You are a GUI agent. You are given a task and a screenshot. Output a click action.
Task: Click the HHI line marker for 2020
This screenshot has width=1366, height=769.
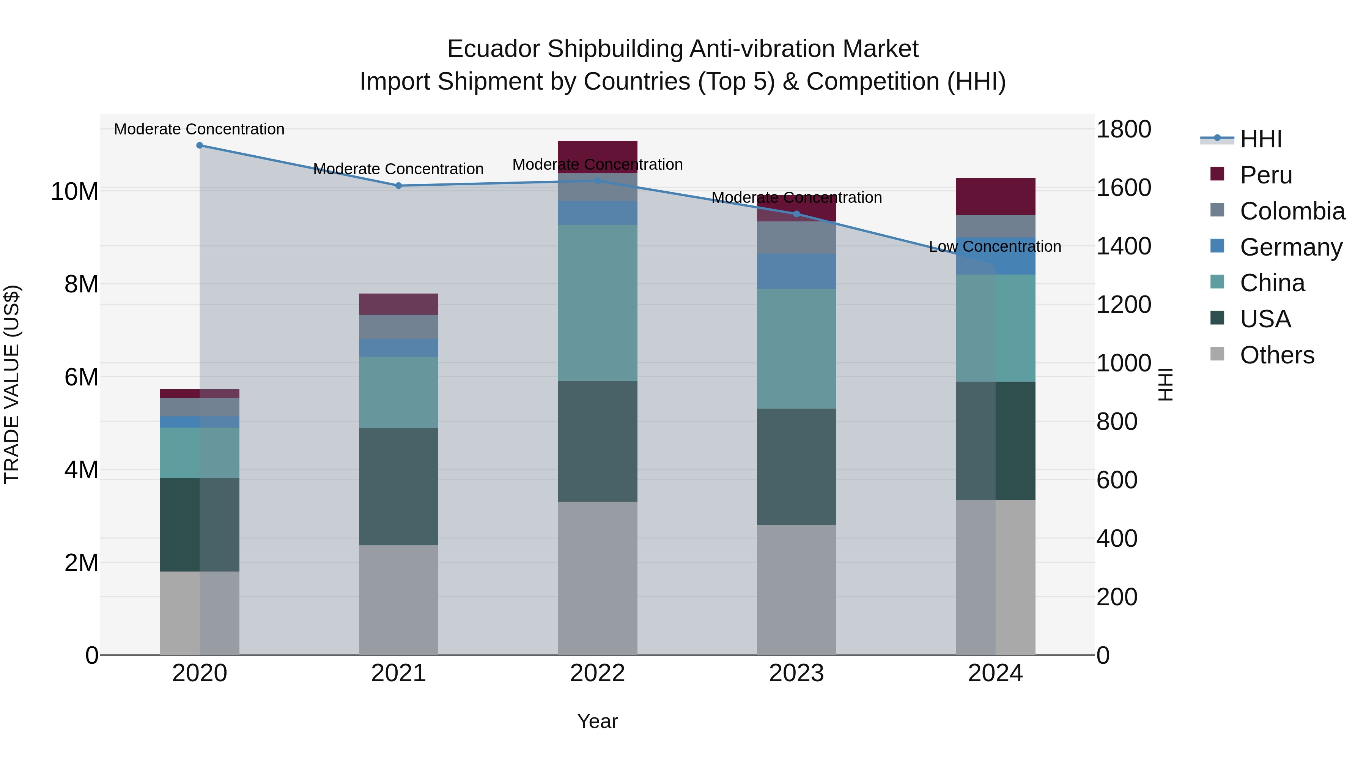[x=199, y=145]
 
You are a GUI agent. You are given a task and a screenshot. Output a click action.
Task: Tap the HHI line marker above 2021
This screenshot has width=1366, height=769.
[x=399, y=186]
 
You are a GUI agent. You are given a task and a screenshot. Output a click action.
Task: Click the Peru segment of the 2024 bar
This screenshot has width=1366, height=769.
[x=995, y=196]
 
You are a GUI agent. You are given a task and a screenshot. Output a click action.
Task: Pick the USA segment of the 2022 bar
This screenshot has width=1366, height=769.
[x=598, y=441]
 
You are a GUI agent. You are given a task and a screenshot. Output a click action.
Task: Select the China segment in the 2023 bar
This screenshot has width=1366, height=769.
[x=796, y=349]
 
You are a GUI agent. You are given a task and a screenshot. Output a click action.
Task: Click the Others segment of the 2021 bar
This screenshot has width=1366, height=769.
[x=399, y=600]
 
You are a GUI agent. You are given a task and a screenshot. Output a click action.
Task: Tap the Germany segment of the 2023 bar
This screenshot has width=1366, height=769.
[x=796, y=271]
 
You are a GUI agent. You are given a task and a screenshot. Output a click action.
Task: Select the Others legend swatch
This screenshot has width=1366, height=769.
[x=1218, y=354]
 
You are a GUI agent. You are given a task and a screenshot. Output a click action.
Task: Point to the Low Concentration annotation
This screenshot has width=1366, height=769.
[x=995, y=247]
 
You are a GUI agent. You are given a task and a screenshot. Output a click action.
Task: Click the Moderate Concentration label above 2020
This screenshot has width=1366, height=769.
[x=199, y=129]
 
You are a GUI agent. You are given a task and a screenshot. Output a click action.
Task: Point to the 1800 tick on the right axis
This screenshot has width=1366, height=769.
[x=1124, y=129]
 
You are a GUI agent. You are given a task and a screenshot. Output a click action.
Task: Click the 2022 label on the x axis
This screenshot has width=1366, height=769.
[x=598, y=673]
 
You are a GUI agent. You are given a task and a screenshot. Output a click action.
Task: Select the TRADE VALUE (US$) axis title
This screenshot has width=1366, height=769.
[x=12, y=384]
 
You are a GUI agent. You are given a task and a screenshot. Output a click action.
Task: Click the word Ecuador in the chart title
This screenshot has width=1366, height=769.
[x=494, y=49]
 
